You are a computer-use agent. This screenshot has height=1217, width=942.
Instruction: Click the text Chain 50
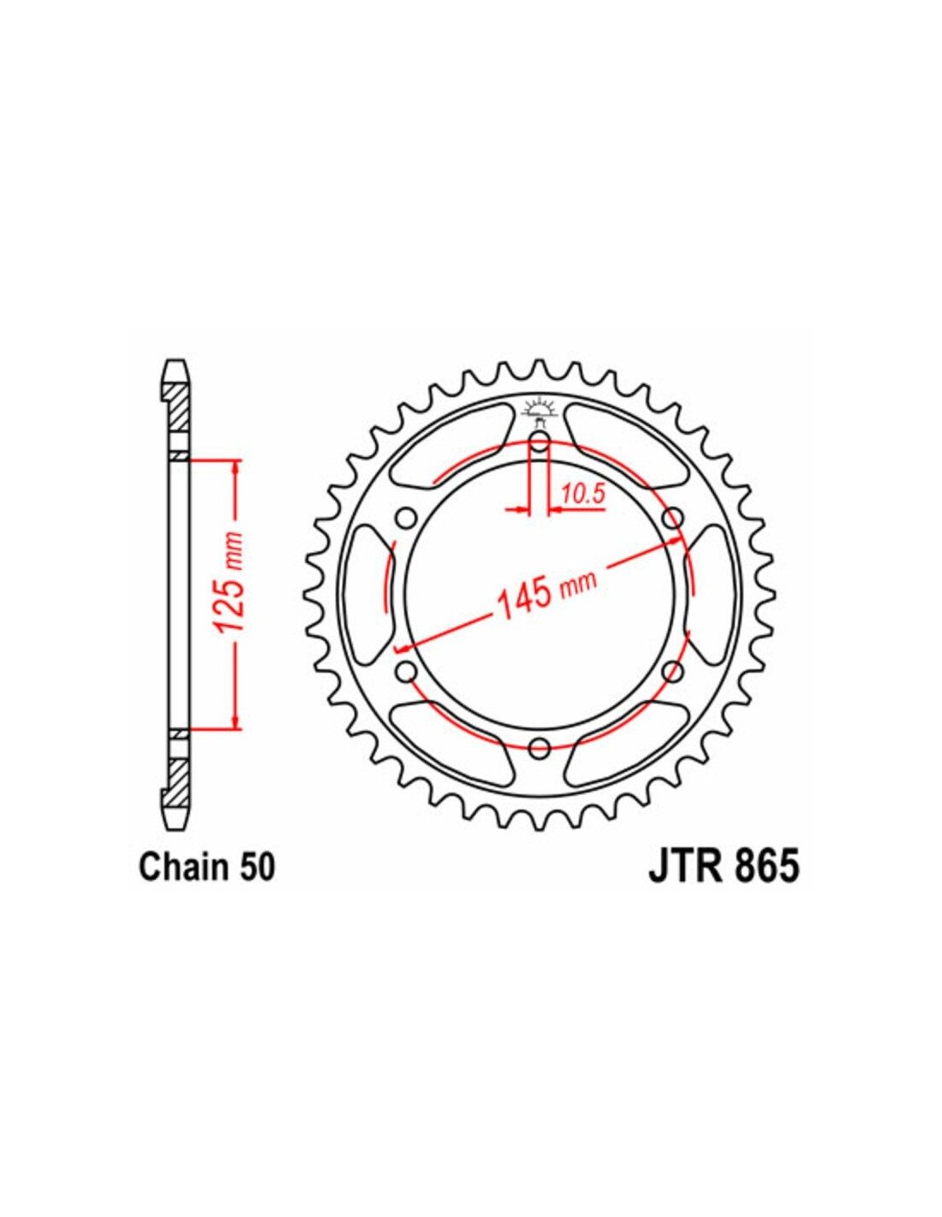tap(206, 883)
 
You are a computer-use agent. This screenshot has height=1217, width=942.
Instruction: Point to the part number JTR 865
tap(724, 883)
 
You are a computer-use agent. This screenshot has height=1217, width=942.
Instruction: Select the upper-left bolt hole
tap(405, 515)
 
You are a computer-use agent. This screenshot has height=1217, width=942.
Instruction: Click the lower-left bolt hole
tap(405, 670)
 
